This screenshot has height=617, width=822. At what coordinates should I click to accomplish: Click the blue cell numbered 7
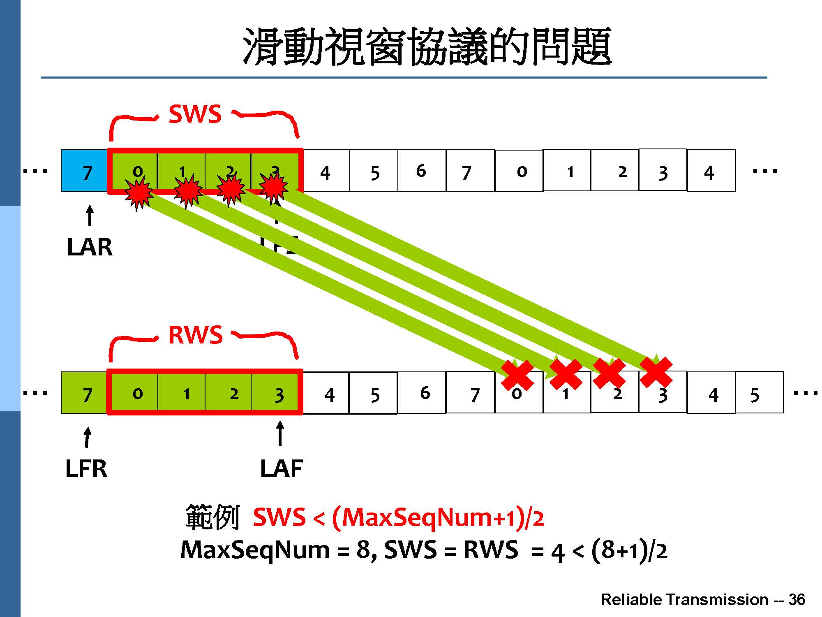coord(85,171)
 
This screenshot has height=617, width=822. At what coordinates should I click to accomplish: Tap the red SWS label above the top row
coord(195,114)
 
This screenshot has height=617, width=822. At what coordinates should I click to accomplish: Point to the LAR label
coord(90,247)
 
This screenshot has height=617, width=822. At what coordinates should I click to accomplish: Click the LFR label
coord(86,469)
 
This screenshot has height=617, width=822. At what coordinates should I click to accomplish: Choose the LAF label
coord(282,469)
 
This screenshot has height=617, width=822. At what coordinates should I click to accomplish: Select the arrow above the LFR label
coord(87,437)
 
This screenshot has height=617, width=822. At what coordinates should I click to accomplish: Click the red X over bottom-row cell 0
coord(517,375)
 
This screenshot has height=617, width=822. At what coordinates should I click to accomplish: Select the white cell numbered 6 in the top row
coord(422,171)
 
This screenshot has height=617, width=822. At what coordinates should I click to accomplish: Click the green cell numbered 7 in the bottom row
coord(85,393)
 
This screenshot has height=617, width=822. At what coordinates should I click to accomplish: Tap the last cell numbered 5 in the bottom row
coord(759,393)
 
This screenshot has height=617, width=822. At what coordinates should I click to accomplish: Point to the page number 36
coord(797,600)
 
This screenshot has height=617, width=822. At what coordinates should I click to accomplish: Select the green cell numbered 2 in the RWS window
coord(229,393)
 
